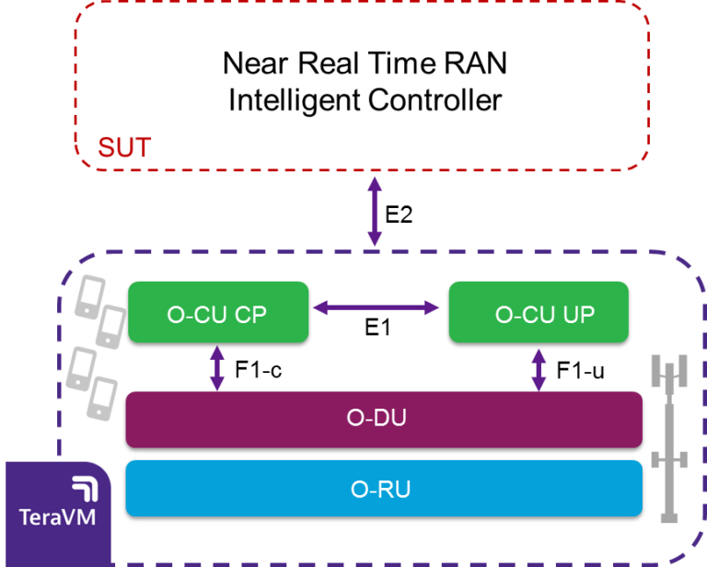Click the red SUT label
tap(124, 147)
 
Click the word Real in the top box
tap(327, 65)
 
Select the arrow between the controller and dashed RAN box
tap(374, 211)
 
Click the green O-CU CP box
tap(216, 313)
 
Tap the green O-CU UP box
tap(539, 313)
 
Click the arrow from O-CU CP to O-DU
tap(217, 367)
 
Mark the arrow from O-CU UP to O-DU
tap(539, 367)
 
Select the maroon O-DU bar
tap(383, 419)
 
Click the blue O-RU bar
tap(383, 489)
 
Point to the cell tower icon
tap(669, 433)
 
